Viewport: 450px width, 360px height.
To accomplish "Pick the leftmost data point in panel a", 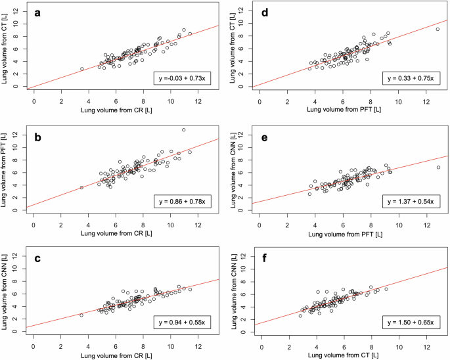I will pos(82,68).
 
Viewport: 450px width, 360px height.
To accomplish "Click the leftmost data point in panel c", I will pos(82,315).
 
